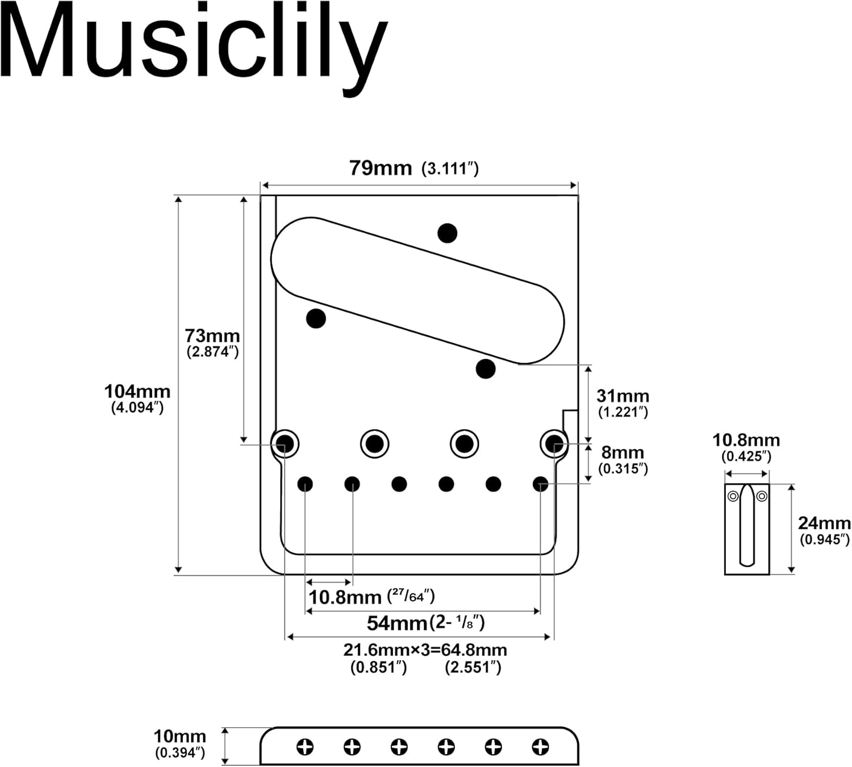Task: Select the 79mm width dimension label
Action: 380,168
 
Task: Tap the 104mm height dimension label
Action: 137,392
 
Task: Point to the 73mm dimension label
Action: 212,336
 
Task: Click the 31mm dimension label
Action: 623,396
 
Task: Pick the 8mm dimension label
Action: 623,452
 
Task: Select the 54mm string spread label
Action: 396,623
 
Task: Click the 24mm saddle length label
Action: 824,523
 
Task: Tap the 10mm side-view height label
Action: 179,736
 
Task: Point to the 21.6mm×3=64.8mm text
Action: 425,649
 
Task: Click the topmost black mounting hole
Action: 448,233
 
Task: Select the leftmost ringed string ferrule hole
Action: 285,443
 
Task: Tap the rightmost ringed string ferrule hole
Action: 554,443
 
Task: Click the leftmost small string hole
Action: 305,484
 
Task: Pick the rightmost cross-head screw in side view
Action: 540,747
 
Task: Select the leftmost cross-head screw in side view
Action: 305,747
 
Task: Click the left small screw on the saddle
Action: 733,496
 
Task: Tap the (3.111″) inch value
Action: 450,169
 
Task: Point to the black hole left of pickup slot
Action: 316,318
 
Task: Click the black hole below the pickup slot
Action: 485,369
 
